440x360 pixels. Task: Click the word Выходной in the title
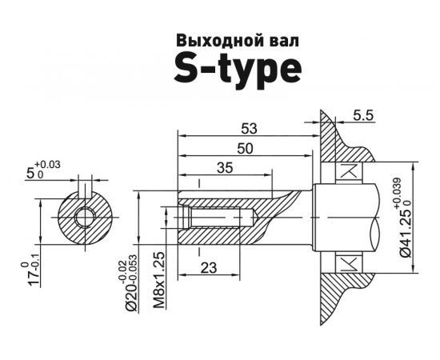coord(206,41)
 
